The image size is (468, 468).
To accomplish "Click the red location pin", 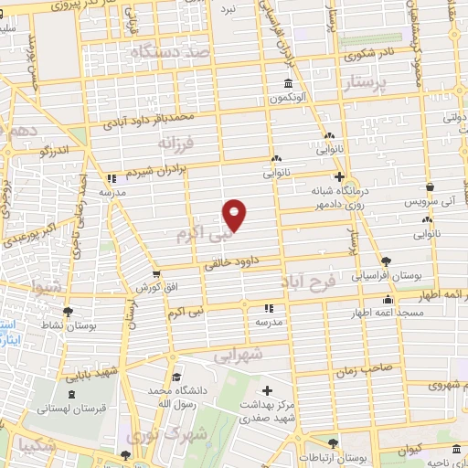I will click(x=236, y=214).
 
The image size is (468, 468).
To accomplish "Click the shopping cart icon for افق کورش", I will click(x=157, y=272).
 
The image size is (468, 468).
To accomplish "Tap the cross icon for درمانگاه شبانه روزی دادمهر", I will click(x=339, y=176).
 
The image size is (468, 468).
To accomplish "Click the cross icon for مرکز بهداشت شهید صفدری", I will click(x=266, y=390).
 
